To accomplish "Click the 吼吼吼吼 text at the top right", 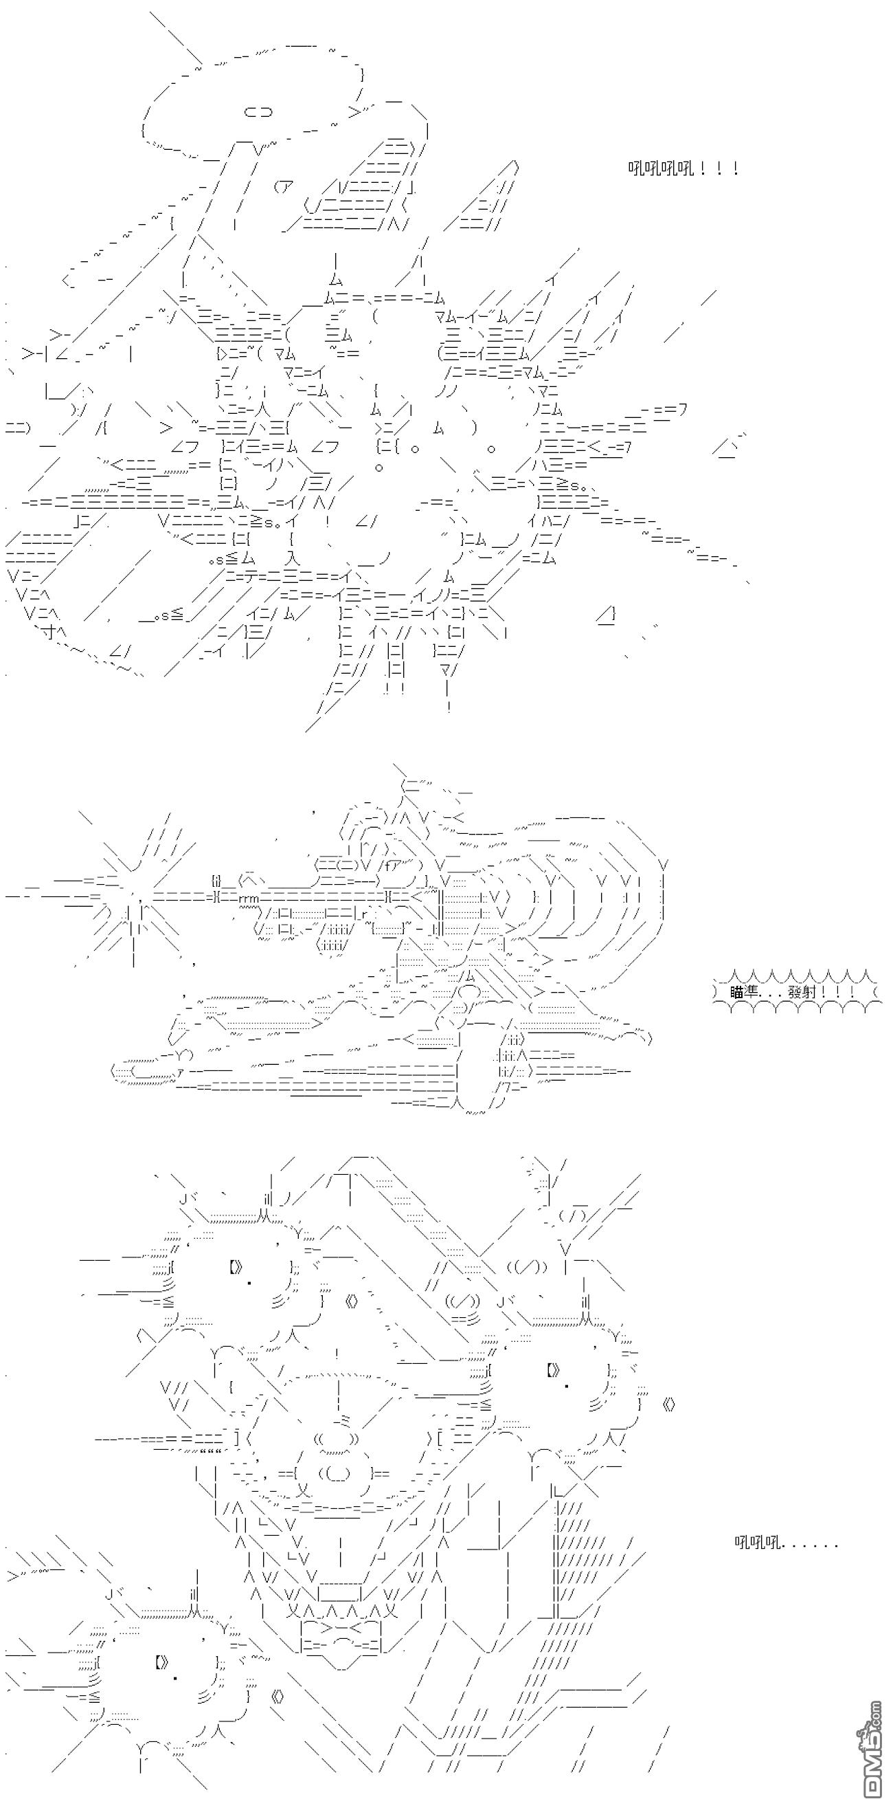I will [659, 168].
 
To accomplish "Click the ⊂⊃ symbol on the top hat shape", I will [258, 111].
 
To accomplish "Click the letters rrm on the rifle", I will [250, 898].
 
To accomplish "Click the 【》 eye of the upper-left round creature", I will [235, 1267].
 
